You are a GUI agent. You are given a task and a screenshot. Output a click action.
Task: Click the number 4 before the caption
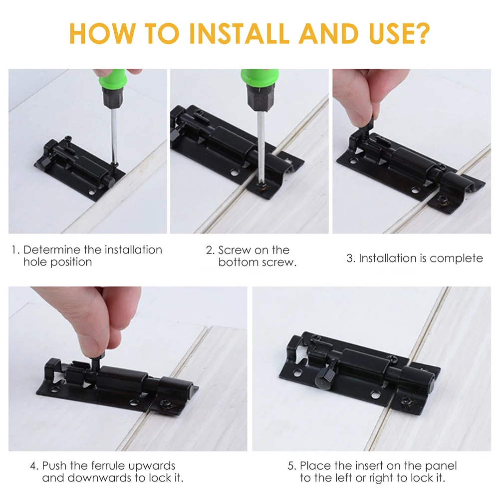pos(33,466)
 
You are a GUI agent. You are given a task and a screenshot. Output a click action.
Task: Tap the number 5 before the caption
pos(291,466)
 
